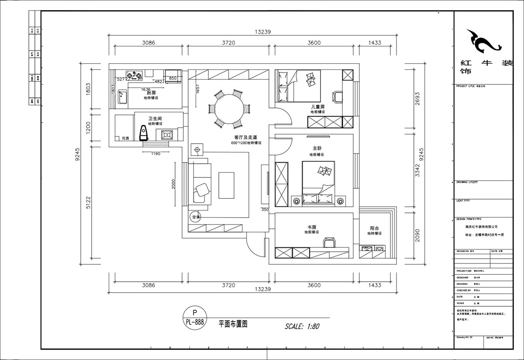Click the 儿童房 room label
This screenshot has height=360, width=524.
tap(317, 107)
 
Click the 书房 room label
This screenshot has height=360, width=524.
tap(312, 227)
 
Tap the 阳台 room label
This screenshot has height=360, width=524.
tap(374, 228)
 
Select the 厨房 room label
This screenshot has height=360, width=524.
tap(151, 93)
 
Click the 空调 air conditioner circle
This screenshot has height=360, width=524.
tap(195, 217)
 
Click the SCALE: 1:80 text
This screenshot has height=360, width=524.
tap(302, 326)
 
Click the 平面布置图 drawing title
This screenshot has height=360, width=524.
tap(233, 324)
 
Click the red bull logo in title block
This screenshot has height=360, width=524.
tap(483, 40)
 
